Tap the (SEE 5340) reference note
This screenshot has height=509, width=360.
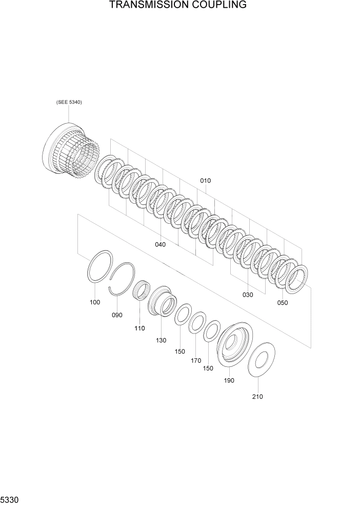[x=69, y=102]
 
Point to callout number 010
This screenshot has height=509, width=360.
[x=205, y=181]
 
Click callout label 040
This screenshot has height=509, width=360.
[x=160, y=245]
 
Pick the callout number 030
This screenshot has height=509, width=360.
[x=247, y=295]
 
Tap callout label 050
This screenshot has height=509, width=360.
[x=282, y=303]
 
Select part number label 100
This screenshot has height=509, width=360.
[x=95, y=302]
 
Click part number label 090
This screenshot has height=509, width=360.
[x=117, y=315]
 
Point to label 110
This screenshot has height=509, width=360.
[x=139, y=328]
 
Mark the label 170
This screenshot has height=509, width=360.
[x=196, y=361]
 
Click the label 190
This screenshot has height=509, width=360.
[x=229, y=380]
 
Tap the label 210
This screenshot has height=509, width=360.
[x=257, y=396]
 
